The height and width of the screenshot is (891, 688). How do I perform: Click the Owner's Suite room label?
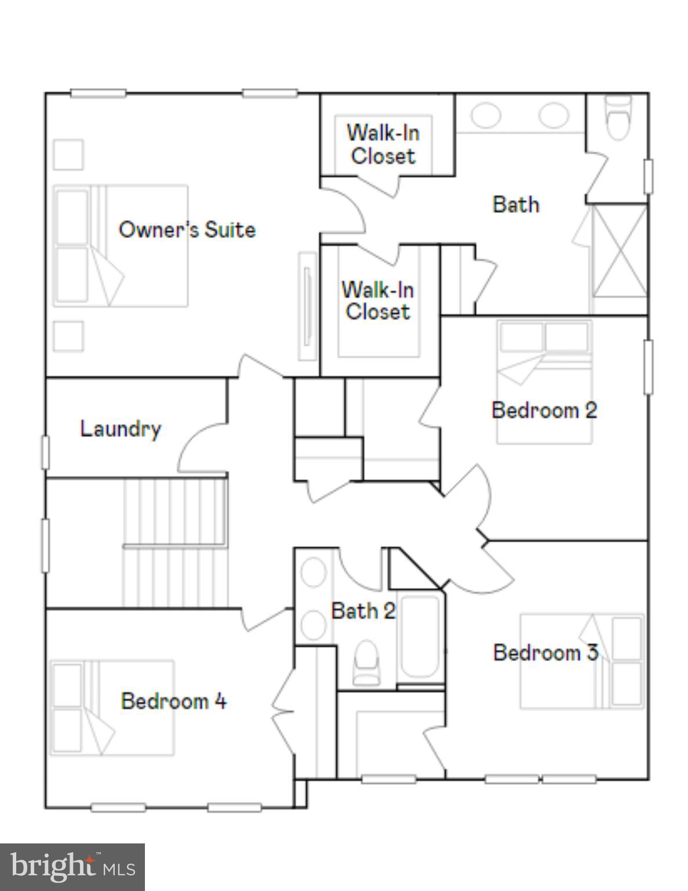(x=187, y=230)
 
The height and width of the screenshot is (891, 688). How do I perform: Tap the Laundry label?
(x=120, y=429)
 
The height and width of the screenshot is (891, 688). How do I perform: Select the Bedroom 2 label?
(x=544, y=410)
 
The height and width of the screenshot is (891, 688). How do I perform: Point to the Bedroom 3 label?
(x=545, y=653)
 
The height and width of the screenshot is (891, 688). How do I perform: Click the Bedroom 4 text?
(x=173, y=701)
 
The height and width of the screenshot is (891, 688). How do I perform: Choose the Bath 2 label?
(x=363, y=610)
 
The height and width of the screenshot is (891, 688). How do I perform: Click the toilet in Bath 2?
(x=366, y=661)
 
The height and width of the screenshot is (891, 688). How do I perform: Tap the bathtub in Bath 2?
(x=420, y=636)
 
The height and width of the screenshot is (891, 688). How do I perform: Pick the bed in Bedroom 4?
(x=113, y=708)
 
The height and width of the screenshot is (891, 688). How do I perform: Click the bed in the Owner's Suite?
(x=121, y=245)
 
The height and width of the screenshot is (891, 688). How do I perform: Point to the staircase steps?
(x=174, y=542)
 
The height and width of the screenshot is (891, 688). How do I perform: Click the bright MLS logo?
(x=72, y=867)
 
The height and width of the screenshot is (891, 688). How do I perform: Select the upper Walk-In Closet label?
(x=383, y=144)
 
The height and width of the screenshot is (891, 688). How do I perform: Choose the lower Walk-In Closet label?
(x=377, y=300)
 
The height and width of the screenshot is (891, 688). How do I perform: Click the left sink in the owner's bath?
(x=485, y=115)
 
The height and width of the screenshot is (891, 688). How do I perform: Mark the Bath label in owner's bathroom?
(x=515, y=204)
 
